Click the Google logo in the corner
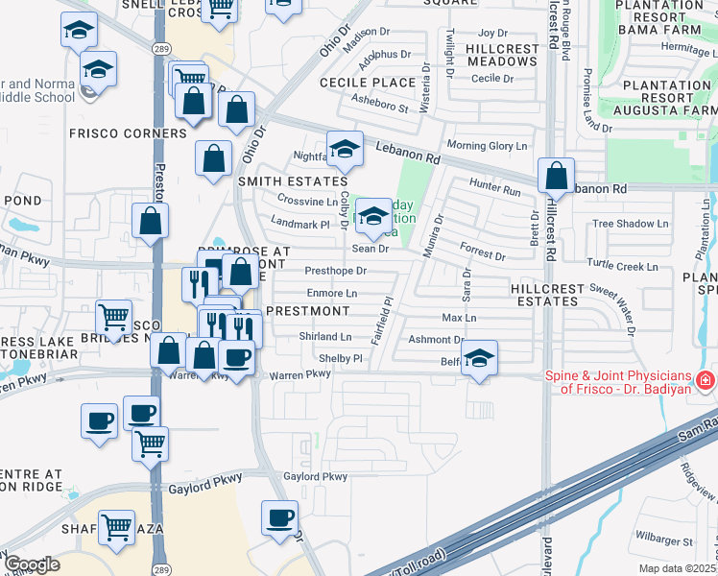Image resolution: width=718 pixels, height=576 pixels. (31, 564)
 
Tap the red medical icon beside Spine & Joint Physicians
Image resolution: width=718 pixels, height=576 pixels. (706, 381)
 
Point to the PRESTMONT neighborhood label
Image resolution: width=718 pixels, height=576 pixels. (307, 311)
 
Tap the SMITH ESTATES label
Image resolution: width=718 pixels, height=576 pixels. (292, 181)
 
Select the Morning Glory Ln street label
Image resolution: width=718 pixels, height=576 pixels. (488, 146)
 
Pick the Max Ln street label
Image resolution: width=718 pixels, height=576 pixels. (459, 317)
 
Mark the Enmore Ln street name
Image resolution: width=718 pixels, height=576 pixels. (331, 293)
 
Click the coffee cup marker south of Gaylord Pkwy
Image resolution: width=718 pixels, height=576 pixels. (280, 519)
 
